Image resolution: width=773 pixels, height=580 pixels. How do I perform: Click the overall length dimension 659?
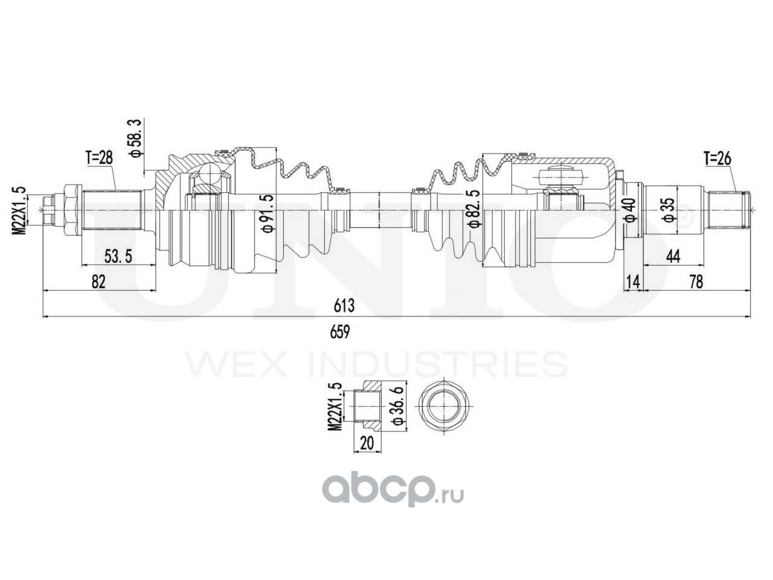(341, 331)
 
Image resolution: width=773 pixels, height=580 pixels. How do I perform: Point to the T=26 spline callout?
(717, 159)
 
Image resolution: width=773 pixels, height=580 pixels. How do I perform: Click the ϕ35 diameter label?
(667, 209)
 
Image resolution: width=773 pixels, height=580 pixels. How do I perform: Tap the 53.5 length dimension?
(118, 256)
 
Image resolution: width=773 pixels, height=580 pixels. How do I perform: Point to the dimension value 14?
(633, 282)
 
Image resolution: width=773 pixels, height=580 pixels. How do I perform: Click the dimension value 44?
(673, 256)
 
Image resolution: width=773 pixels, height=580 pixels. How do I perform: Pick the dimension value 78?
(696, 282)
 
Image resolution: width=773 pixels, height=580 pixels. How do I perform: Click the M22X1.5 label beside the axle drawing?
(21, 210)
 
